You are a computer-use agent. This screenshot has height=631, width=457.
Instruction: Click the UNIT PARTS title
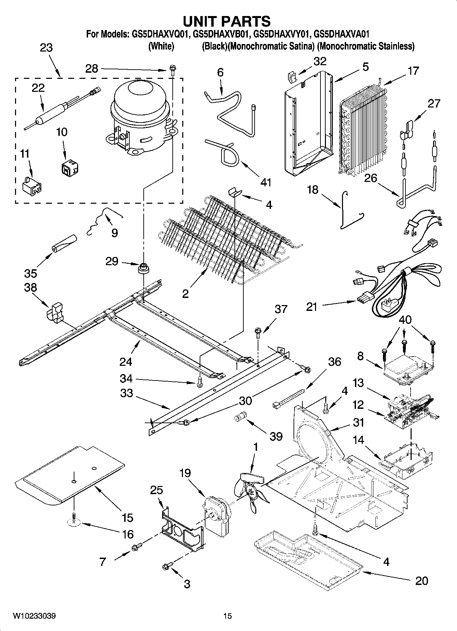[227, 21]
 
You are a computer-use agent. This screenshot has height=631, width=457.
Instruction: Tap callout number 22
[38, 88]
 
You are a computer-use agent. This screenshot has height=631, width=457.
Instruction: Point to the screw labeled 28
[173, 71]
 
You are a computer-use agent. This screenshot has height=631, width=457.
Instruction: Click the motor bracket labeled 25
[181, 532]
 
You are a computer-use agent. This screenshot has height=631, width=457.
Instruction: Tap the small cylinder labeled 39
[240, 418]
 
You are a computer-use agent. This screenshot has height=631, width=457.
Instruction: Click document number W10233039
[34, 616]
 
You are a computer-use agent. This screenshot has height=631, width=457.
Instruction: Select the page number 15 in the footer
[227, 616]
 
